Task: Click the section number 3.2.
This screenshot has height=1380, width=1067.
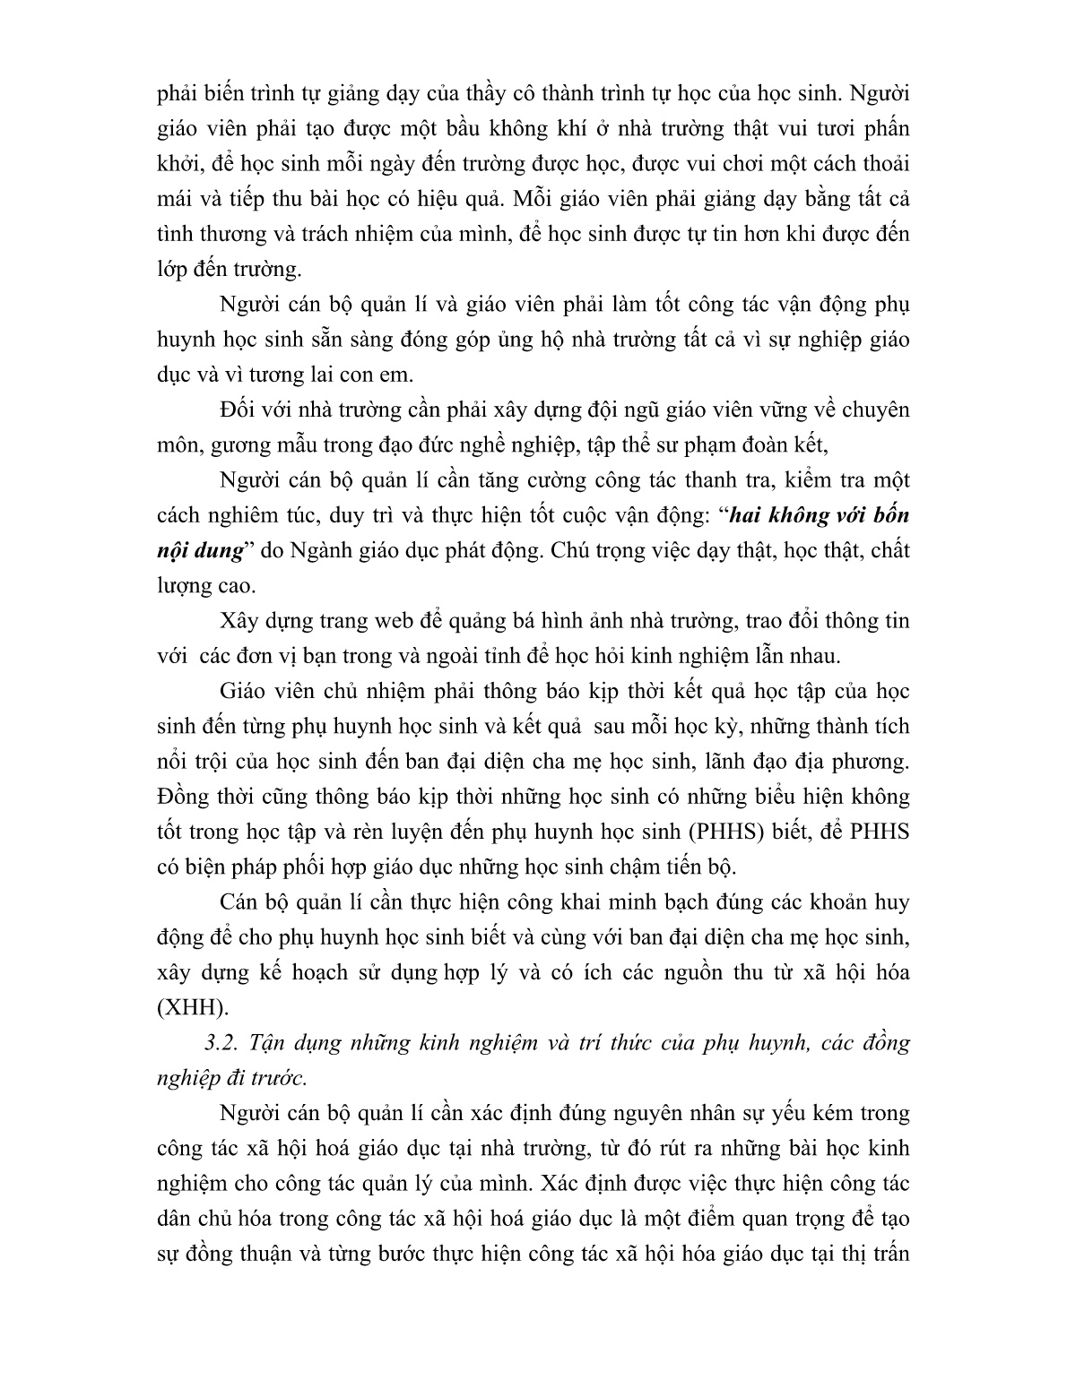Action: point(221,1043)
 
